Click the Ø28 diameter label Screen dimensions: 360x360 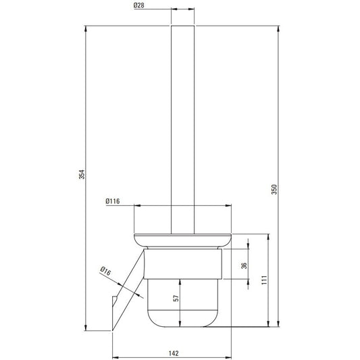tap(139, 5)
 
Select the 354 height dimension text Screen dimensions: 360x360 tap(82, 174)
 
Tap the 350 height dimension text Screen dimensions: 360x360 tap(274, 189)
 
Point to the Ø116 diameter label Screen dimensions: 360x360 tap(113, 201)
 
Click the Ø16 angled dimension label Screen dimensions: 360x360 tap(105, 271)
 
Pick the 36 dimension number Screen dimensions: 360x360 tap(245, 265)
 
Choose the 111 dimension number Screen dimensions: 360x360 tap(265, 280)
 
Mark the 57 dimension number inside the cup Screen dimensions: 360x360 tap(176, 299)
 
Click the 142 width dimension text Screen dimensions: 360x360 tap(174, 353)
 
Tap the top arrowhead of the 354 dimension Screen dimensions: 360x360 tap(86, 29)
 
